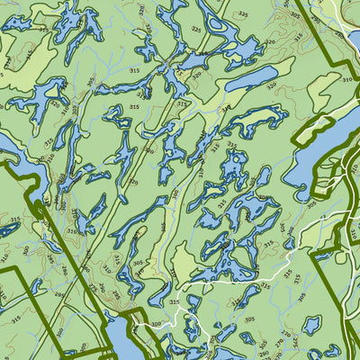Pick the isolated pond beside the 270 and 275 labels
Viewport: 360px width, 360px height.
pyautogui.click(x=310, y=324)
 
